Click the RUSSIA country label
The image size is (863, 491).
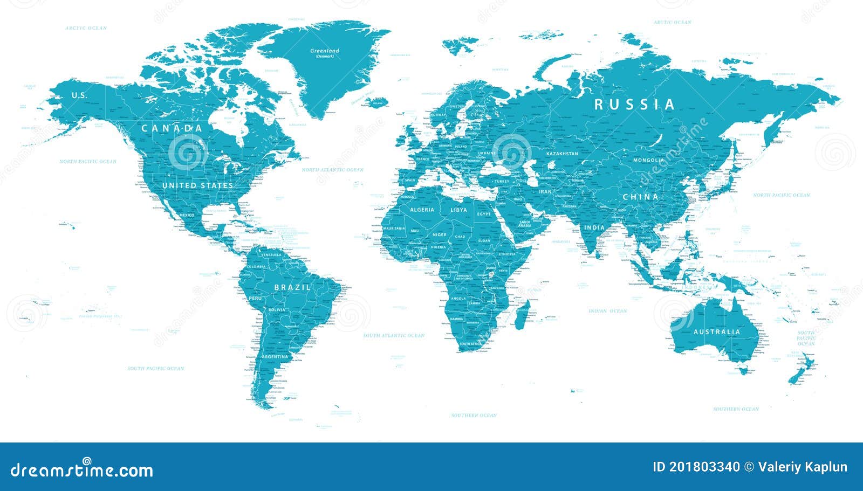pyautogui.click(x=634, y=105)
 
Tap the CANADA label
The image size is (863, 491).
pyautogui.click(x=172, y=128)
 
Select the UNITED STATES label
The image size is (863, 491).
pyautogui.click(x=198, y=185)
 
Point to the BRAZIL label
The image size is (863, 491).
pyautogui.click(x=292, y=287)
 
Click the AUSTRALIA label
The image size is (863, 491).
pyautogui.click(x=717, y=331)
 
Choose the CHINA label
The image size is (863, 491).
pyautogui.click(x=641, y=197)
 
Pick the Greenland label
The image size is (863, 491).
pyautogui.click(x=325, y=51)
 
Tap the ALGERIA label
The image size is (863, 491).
pyautogui.click(x=422, y=210)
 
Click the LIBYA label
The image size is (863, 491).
pyautogui.click(x=459, y=210)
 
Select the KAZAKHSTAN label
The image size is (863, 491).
pyautogui.click(x=562, y=154)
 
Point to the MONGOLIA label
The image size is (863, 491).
pyautogui.click(x=649, y=160)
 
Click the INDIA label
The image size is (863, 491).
pyautogui.click(x=594, y=227)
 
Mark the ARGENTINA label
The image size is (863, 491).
pyautogui.click(x=275, y=356)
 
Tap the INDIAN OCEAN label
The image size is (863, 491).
pyautogui.click(x=607, y=311)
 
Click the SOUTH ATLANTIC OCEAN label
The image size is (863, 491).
pyautogui.click(x=394, y=335)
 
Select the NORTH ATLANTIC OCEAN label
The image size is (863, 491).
pyautogui.click(x=332, y=170)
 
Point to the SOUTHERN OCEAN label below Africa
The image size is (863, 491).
pyautogui.click(x=474, y=415)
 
